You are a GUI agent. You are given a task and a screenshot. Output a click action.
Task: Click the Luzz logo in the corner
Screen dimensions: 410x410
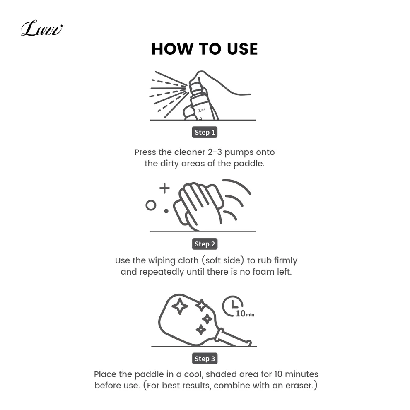(42, 28)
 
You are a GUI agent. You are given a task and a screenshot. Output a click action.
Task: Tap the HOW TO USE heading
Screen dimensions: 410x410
(205, 49)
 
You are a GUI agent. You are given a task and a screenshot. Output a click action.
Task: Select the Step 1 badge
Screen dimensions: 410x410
(205, 132)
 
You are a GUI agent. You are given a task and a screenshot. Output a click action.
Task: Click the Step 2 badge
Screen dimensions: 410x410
(205, 244)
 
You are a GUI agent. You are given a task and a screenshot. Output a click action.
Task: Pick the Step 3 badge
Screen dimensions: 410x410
(205, 359)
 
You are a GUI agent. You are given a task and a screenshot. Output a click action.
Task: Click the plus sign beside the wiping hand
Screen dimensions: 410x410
(164, 188)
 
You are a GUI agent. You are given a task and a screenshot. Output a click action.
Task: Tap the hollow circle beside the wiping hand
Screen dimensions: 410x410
(151, 205)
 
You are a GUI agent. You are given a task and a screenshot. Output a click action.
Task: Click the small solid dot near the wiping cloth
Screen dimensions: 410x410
(166, 211)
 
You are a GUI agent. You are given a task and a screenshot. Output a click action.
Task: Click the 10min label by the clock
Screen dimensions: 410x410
(245, 314)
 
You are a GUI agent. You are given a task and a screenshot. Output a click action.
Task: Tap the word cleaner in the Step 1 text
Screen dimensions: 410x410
(190, 152)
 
